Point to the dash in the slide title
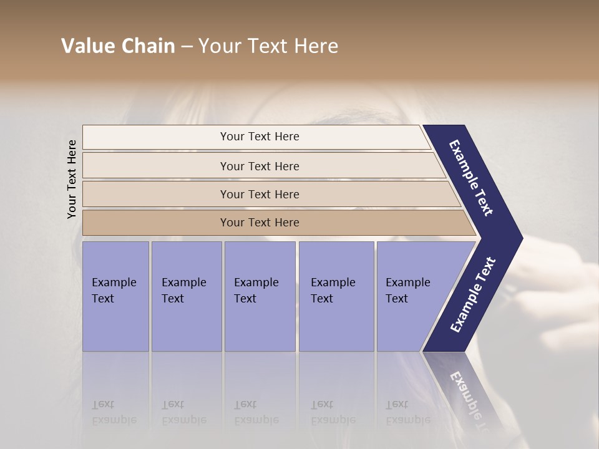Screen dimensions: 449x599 [x=187, y=47]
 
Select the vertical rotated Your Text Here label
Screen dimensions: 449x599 [x=72, y=179]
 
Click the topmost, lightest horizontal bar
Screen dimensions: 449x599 [x=259, y=137]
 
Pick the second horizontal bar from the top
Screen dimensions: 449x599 [x=259, y=166]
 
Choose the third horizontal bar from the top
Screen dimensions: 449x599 [x=259, y=194]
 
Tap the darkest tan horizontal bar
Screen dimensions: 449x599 [x=259, y=223]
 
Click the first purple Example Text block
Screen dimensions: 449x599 [x=115, y=296]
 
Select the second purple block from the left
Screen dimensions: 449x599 [x=186, y=296]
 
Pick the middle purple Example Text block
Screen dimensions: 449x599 [x=260, y=296]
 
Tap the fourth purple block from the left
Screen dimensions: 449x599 [x=336, y=296]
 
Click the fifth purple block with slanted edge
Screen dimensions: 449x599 [x=412, y=296]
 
